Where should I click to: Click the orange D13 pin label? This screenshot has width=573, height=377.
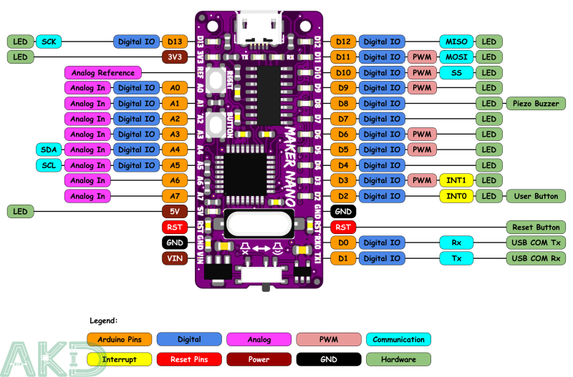pyautogui.click(x=174, y=41)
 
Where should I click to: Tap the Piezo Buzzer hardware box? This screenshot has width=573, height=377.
pyautogui.click(x=536, y=104)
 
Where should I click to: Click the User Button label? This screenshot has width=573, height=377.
pyautogui.click(x=536, y=196)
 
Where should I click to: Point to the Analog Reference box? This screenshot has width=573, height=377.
pyautogui.click(x=102, y=72)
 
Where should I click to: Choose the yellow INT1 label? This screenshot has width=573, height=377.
pyautogui.click(x=456, y=180)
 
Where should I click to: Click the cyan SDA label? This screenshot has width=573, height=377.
pyautogui.click(x=49, y=150)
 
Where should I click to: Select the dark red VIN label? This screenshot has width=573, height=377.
pyautogui.click(x=174, y=258)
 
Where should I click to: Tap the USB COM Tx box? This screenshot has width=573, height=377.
pyautogui.click(x=536, y=243)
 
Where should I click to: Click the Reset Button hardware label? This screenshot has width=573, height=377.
pyautogui.click(x=536, y=227)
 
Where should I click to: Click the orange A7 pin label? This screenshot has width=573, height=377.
pyautogui.click(x=174, y=196)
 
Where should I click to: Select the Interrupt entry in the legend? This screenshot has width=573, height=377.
pyautogui.click(x=119, y=359)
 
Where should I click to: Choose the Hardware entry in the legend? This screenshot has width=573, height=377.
pyautogui.click(x=398, y=359)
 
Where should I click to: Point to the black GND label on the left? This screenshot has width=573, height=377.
pyautogui.click(x=174, y=243)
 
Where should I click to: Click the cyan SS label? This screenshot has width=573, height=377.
pyautogui.click(x=456, y=72)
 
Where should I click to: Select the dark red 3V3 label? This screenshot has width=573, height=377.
pyautogui.click(x=174, y=57)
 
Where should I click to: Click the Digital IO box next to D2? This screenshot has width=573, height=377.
pyautogui.click(x=382, y=196)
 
